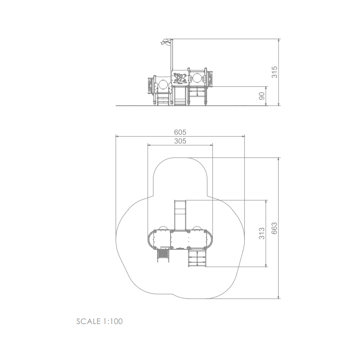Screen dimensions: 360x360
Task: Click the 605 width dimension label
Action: click(180, 132)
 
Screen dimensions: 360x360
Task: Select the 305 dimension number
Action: click(180, 141)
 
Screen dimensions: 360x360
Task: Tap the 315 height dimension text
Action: click(274, 72)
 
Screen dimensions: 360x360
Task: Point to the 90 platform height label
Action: click(262, 96)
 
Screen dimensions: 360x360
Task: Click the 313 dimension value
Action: click(262, 234)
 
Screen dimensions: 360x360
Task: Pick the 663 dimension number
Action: click(274, 228)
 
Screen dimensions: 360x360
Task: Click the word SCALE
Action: click(88, 321)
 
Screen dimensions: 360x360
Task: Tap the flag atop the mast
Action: click(166, 42)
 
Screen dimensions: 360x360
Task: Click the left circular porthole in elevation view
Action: click(163, 84)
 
